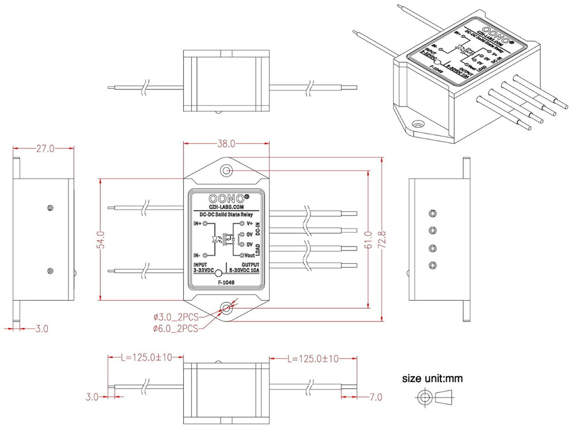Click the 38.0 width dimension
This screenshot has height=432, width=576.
coord(226,143)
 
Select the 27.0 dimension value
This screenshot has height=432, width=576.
coord(45,149)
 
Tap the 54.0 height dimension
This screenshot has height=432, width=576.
coord(100,238)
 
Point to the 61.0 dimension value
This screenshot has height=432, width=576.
coord(367,238)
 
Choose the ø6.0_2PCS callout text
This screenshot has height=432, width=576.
coord(176,328)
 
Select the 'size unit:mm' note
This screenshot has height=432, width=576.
coord(432,379)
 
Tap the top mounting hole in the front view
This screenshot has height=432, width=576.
coord(226,170)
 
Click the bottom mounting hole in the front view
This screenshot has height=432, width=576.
coord(226,308)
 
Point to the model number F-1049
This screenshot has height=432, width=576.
coord(226,283)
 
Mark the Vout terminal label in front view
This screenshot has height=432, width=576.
coord(249,255)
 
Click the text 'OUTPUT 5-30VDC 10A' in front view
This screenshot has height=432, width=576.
coord(244,267)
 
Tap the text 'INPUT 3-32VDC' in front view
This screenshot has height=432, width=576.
coord(203,267)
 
